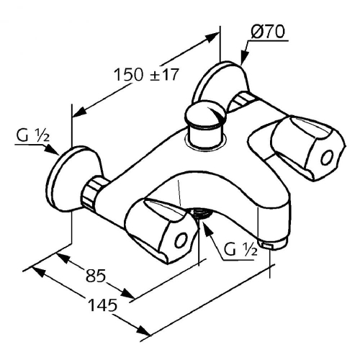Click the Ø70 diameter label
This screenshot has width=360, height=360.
tap(268, 32)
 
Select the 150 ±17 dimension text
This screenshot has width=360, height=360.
tap(147, 74)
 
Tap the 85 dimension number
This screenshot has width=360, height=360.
tap(96, 275)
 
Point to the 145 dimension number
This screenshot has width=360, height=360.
tap(103, 305)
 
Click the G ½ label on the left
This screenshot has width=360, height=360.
tap(33, 136)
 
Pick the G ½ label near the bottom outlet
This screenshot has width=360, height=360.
tap(240, 249)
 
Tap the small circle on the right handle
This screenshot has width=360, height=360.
tap(327, 158)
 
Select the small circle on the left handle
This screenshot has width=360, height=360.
tap(181, 240)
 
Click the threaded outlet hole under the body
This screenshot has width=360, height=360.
tap(201, 214)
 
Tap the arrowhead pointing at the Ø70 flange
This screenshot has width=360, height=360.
tap(244, 57)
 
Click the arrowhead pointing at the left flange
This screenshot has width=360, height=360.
tap(51, 149)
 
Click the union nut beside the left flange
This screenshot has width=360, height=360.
tap(92, 192)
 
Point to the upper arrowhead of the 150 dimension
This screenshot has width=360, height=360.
tap(210, 37)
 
